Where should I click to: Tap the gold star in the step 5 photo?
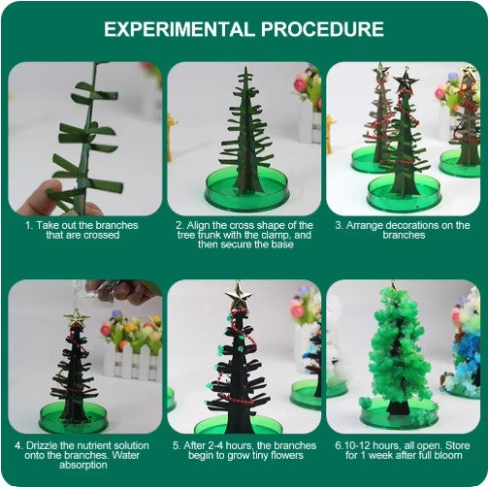pyautogui.click(x=236, y=291)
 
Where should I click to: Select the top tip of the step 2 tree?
pyautogui.click(x=244, y=71)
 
